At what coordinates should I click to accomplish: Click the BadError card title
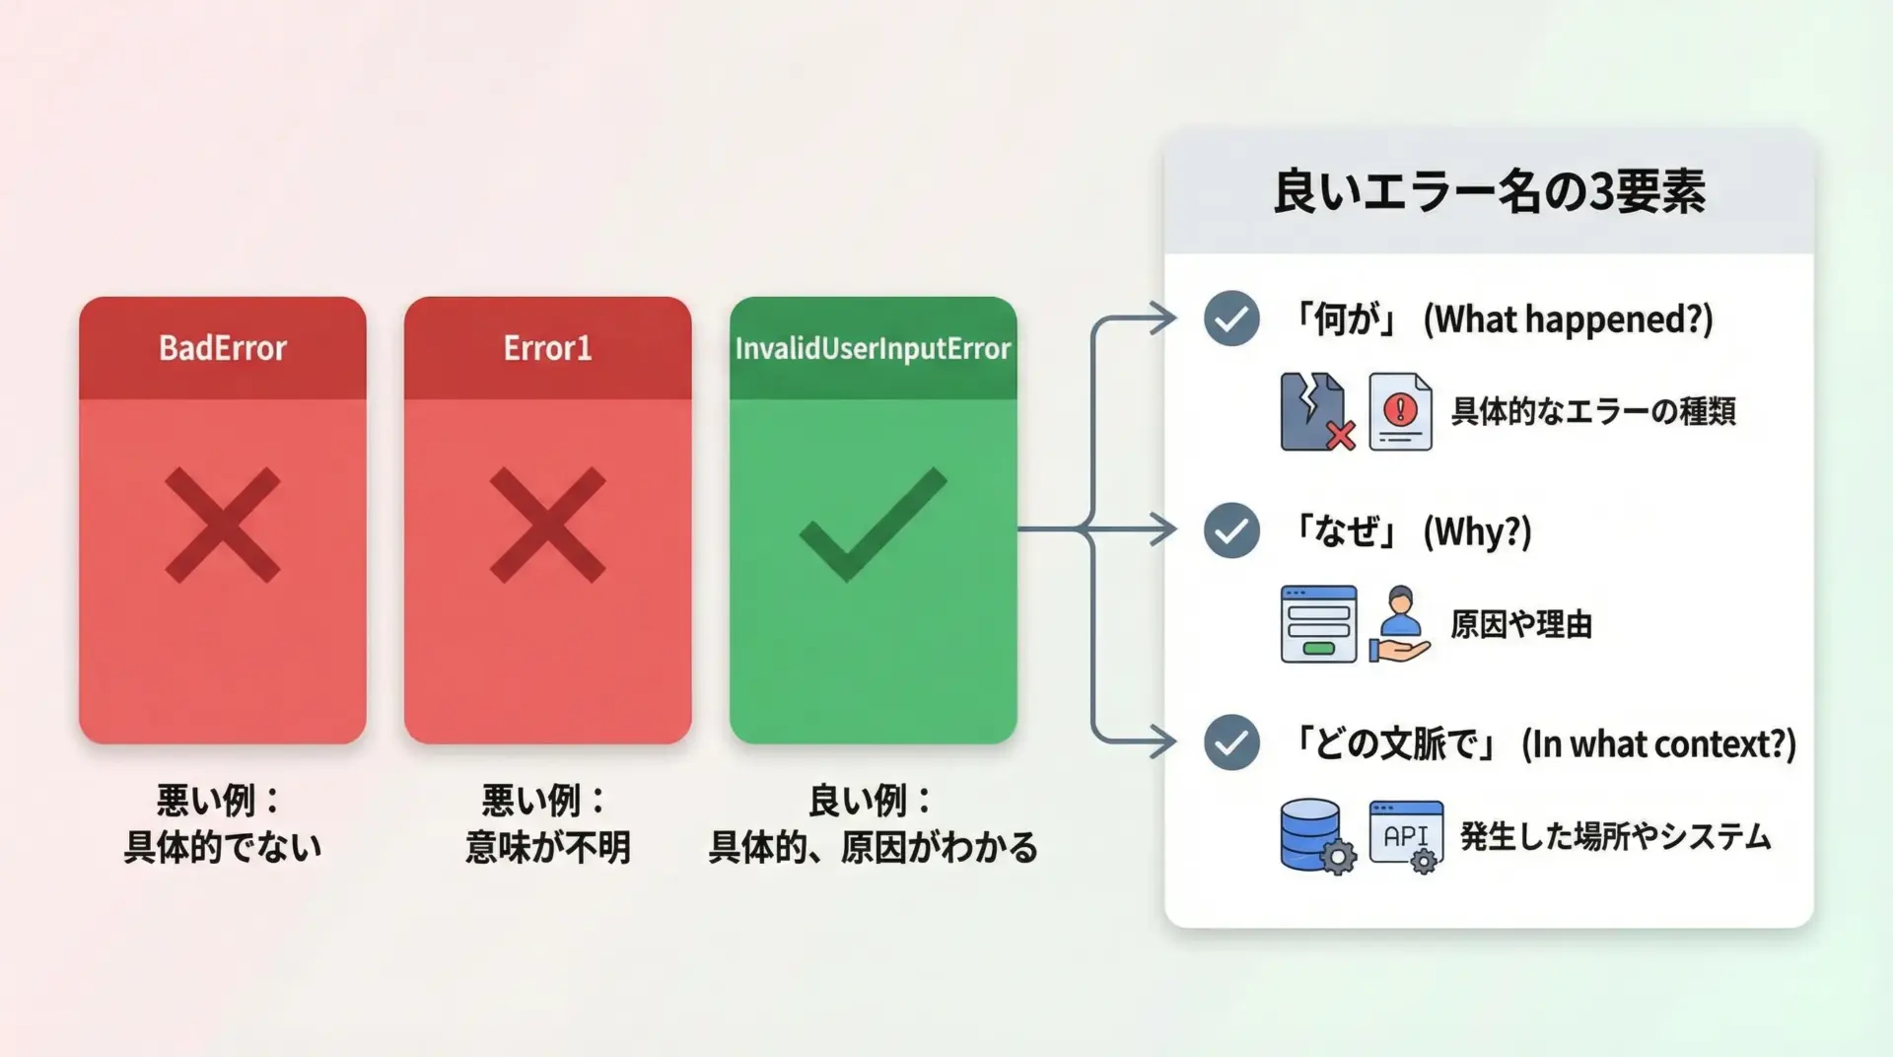click(x=223, y=348)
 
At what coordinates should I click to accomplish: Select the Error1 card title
click(x=547, y=348)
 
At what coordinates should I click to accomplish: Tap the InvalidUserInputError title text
click(x=873, y=348)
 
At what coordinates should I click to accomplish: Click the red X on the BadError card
click(x=223, y=525)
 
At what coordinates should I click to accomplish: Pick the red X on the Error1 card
click(x=547, y=525)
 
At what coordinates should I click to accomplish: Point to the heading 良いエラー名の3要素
click(x=1489, y=191)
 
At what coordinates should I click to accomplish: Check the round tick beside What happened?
click(x=1231, y=318)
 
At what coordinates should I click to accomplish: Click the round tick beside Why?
click(x=1231, y=530)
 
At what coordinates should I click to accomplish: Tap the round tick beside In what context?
click(x=1231, y=742)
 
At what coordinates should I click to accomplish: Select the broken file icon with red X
click(x=1316, y=412)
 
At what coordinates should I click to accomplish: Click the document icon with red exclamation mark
click(x=1400, y=412)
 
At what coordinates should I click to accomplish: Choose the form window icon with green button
click(x=1318, y=624)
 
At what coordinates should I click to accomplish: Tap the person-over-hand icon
click(x=1400, y=624)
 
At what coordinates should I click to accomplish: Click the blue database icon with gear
click(x=1316, y=836)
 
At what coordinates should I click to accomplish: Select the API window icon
click(x=1406, y=836)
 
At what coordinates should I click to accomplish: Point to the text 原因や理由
click(x=1521, y=624)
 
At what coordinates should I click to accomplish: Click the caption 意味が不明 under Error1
click(x=547, y=847)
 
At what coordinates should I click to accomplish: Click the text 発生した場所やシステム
click(x=1615, y=836)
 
